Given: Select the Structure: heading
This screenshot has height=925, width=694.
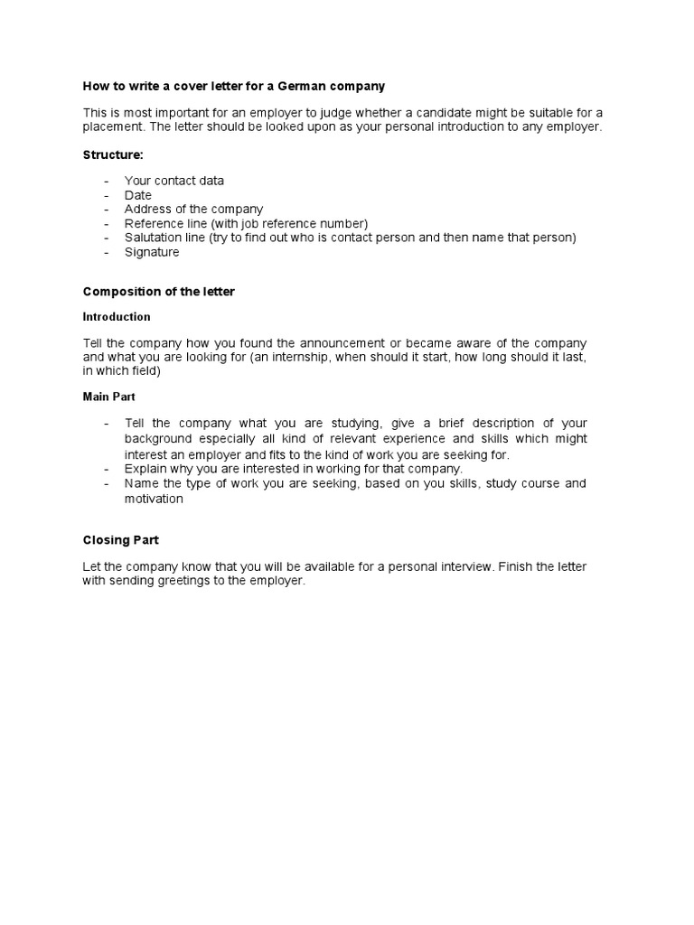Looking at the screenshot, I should click(113, 155).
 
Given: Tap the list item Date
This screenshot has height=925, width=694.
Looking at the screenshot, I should click(138, 195).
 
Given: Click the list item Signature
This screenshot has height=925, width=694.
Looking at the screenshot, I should click(152, 252).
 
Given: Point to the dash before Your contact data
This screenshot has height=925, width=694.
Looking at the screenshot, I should click(107, 181).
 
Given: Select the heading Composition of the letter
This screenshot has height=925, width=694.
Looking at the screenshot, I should click(158, 292).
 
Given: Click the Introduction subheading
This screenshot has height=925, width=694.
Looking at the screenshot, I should click(117, 317).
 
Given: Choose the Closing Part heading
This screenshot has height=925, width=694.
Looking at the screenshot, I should click(120, 540).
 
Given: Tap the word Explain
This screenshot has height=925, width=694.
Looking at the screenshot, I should click(146, 469).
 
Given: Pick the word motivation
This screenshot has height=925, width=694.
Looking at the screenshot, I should click(154, 499).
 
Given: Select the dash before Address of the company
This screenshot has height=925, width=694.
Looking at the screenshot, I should click(107, 210).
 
